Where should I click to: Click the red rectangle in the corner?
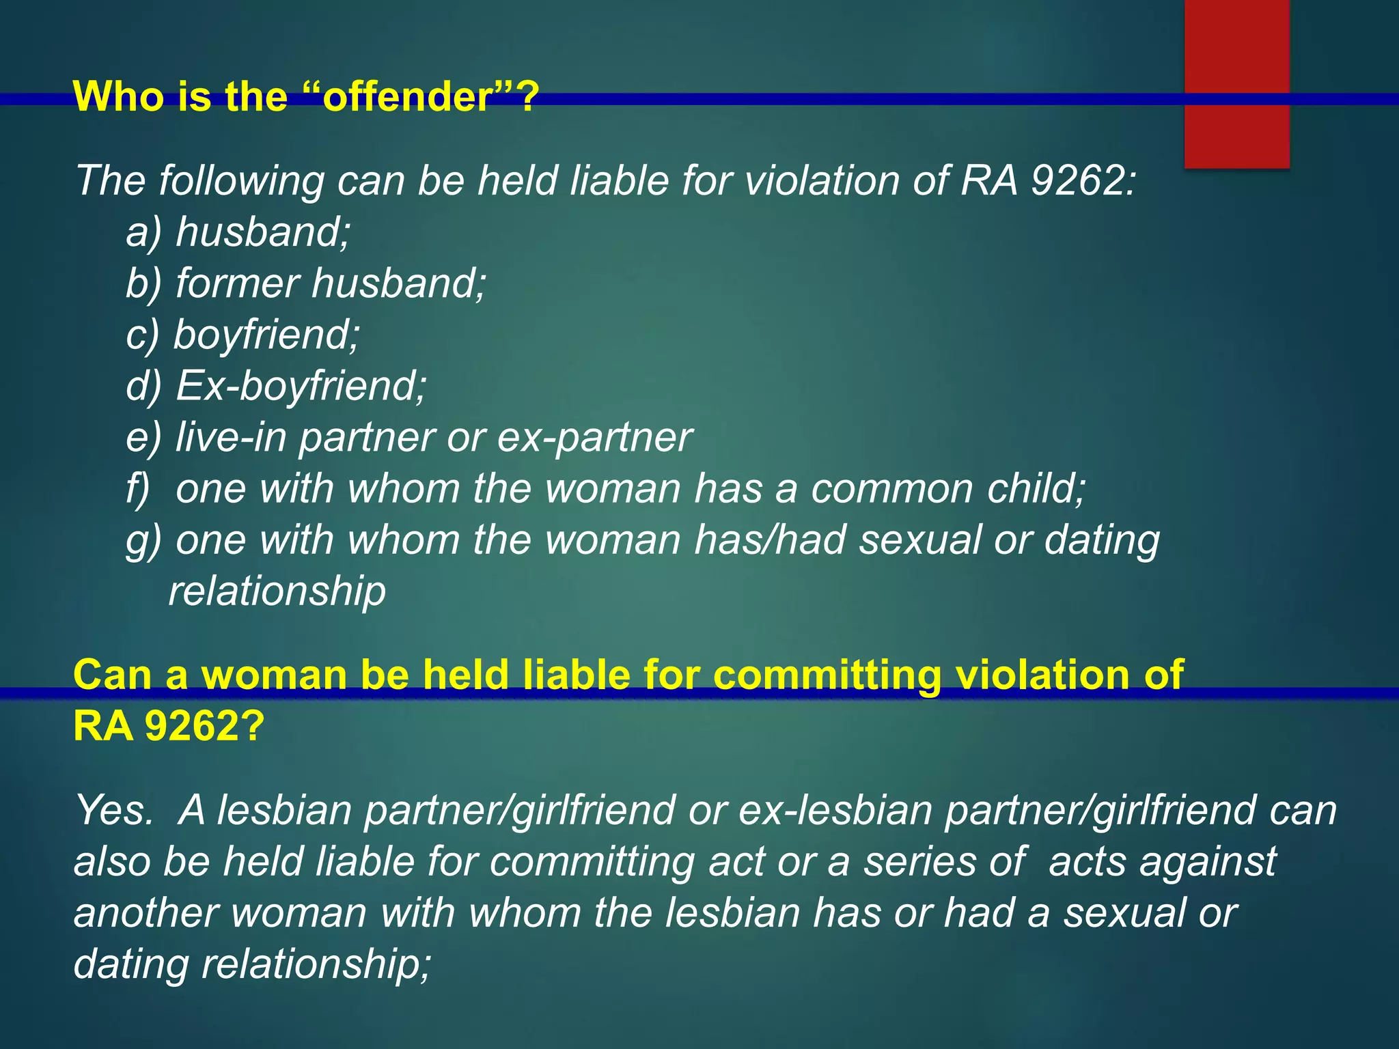tap(1236, 82)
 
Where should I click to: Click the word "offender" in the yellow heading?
tap(407, 96)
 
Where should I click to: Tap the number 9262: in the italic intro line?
tap(1083, 181)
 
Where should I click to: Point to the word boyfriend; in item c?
tap(266, 335)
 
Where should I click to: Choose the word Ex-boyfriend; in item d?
tap(301, 386)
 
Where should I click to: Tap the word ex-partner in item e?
tap(594, 437)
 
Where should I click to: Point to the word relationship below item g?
tap(277, 591)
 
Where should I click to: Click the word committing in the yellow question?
tap(827, 675)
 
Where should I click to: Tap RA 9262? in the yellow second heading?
tap(167, 726)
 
